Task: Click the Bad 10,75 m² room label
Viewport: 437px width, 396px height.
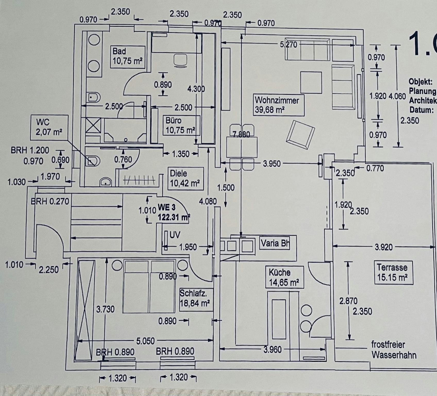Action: pyautogui.click(x=128, y=57)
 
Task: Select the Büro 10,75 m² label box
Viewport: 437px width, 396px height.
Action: pyautogui.click(x=181, y=126)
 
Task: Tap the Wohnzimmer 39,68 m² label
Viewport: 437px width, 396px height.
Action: pyautogui.click(x=278, y=105)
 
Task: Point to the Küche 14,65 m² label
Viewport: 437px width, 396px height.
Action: pyautogui.click(x=284, y=277)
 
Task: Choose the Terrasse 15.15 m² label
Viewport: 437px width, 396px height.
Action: pyautogui.click(x=393, y=273)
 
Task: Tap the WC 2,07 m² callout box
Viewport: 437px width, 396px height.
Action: pyautogui.click(x=49, y=127)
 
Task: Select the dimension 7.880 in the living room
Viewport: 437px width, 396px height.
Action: pyautogui.click(x=241, y=134)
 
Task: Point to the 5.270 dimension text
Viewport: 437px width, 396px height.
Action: pyautogui.click(x=289, y=45)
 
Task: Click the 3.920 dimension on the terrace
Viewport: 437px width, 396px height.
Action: pyautogui.click(x=384, y=247)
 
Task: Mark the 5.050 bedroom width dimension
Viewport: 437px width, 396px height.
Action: pyautogui.click(x=145, y=341)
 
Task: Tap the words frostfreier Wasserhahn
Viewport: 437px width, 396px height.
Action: pyautogui.click(x=393, y=350)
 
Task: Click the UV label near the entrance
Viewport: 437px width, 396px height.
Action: pyautogui.click(x=175, y=235)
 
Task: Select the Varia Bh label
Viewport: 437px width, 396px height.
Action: pyautogui.click(x=275, y=243)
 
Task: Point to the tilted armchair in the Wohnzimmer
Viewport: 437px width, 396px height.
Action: pyautogui.click(x=300, y=135)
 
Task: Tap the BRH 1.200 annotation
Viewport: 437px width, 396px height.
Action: pyautogui.click(x=30, y=150)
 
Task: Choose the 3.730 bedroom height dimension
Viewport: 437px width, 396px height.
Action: pyautogui.click(x=105, y=309)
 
